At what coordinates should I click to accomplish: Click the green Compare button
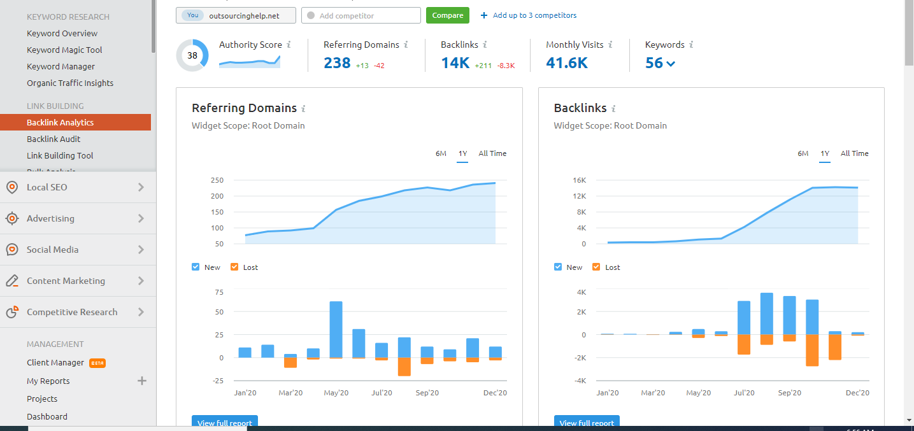[x=447, y=15]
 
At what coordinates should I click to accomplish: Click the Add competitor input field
[x=361, y=15]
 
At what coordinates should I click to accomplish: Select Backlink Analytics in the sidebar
[x=60, y=122]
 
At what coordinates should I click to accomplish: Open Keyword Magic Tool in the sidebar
[x=64, y=50]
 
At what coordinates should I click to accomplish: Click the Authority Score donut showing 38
[x=192, y=55]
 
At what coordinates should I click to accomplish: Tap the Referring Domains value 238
[x=337, y=63]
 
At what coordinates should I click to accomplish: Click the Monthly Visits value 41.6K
[x=566, y=63]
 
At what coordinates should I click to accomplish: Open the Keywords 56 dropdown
[x=660, y=63]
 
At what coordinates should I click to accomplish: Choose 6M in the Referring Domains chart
[x=441, y=153]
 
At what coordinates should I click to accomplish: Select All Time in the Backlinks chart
[x=854, y=153]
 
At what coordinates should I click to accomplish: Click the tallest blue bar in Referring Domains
[x=336, y=329]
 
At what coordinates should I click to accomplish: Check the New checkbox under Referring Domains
[x=196, y=267]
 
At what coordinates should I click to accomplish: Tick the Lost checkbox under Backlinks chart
[x=597, y=267]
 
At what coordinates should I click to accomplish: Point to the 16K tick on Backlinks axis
[x=579, y=180]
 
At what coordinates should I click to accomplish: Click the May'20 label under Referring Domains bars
[x=336, y=393]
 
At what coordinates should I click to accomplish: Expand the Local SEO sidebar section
[x=76, y=187]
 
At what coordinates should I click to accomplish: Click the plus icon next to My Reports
[x=142, y=381]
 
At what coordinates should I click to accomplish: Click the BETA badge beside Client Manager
[x=97, y=363]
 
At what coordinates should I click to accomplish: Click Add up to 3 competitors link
[x=529, y=15]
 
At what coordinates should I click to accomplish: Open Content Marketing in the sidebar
[x=76, y=281]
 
